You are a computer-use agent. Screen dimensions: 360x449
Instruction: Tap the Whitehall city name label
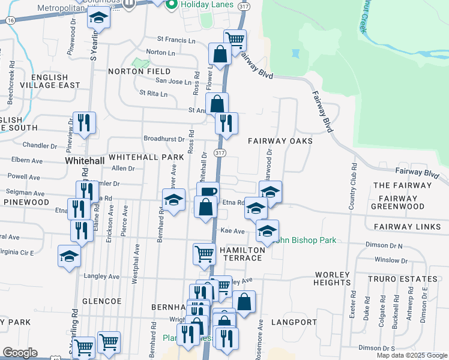85,161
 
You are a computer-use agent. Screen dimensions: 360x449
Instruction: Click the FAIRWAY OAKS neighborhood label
280,140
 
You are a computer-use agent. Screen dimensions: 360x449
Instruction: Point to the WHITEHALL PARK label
146,157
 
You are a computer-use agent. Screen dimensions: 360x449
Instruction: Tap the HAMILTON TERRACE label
241,253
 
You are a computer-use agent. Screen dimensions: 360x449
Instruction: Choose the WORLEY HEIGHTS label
332,278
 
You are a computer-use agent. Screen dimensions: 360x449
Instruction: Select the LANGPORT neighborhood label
294,322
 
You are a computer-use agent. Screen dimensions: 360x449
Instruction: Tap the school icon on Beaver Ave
174,200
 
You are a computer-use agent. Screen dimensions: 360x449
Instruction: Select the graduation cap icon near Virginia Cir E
70,256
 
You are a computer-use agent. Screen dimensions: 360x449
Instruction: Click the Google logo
20,353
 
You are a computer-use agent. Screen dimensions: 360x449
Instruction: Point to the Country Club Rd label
353,185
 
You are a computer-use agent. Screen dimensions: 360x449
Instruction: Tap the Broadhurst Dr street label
164,139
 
